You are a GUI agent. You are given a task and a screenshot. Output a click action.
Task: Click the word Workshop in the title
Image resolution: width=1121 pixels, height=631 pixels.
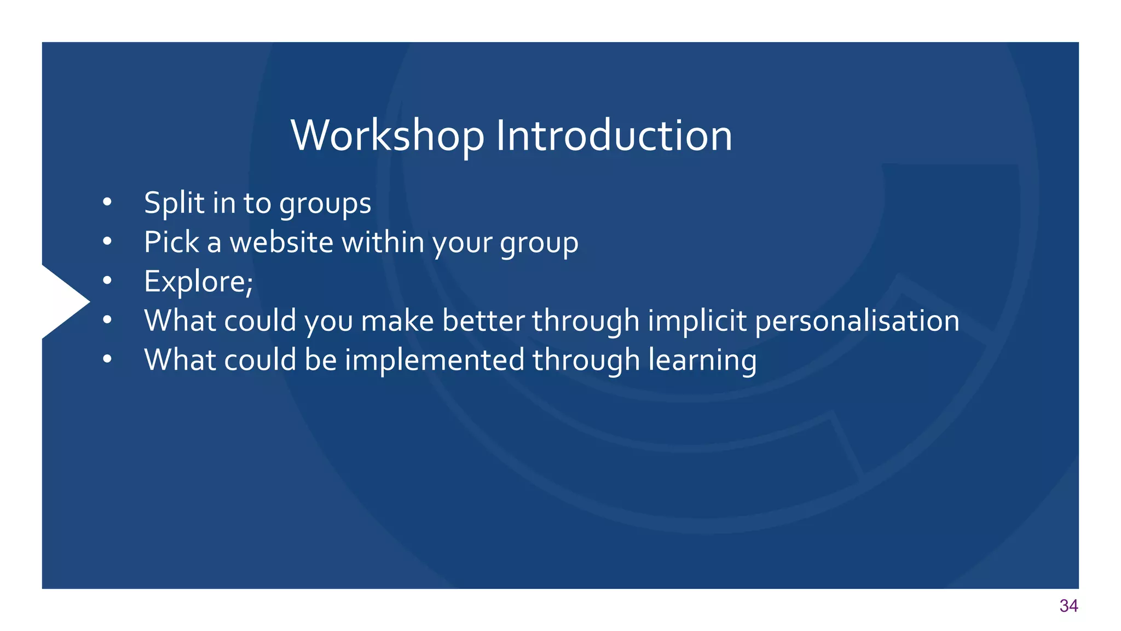tap(388, 135)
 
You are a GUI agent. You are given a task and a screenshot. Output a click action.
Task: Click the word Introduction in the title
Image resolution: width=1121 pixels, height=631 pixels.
tap(614, 135)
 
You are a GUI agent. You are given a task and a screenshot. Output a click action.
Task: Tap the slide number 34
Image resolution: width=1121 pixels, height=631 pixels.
tap(1068, 606)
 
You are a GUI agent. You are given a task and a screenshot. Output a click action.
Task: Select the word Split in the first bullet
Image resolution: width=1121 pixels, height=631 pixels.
tap(174, 203)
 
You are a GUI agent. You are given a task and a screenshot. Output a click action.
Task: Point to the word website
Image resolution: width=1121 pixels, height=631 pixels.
tap(281, 242)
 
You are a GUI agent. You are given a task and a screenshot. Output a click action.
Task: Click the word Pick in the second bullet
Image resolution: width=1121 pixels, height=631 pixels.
tap(171, 242)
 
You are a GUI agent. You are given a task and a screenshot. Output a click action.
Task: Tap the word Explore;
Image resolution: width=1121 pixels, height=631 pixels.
tap(198, 282)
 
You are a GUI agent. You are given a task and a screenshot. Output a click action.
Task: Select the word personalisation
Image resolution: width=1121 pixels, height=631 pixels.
tap(857, 320)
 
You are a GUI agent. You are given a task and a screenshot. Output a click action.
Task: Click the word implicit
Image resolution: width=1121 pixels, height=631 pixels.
tap(697, 320)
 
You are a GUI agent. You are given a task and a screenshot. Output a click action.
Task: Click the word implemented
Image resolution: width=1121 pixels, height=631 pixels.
tap(435, 360)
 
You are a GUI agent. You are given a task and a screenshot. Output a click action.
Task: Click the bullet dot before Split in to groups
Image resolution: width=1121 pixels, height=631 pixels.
tap(107, 203)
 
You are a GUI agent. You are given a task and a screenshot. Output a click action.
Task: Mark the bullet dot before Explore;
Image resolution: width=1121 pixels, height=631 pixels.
tap(107, 281)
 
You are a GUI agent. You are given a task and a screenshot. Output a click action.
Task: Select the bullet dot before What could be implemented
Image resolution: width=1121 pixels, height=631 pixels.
tap(107, 359)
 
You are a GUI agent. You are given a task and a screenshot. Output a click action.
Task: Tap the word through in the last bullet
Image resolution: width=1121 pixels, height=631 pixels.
tap(586, 361)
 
